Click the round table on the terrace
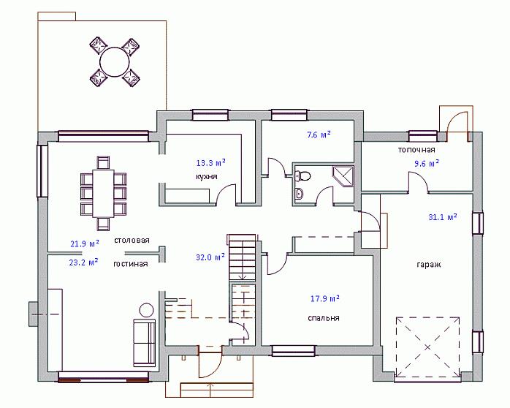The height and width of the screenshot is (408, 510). pos(115,62)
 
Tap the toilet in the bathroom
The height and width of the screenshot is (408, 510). pos(302,176)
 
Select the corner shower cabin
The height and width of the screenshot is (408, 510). pos(343,175)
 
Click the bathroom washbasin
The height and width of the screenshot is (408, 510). pos(300,194)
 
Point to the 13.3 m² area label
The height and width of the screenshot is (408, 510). pos(210,162)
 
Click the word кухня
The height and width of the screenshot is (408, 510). pos(206,177)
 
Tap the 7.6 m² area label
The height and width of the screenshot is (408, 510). pos(319,135)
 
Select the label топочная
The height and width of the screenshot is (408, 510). pos(416,150)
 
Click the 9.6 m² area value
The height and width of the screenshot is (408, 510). pos(427,163)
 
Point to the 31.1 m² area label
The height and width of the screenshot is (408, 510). pos(442,216)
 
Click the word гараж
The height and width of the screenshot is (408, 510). pos(429,265)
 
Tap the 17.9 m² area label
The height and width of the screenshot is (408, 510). pos(325,298)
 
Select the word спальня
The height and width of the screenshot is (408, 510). pos(324,318)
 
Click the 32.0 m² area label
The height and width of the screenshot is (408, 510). pos(210,257)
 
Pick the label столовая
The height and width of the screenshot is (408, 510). pos(132,240)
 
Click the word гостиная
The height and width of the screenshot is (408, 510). pos(131,263)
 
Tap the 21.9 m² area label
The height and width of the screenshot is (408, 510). pos(85,243)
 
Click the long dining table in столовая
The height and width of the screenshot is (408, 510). pos(103,193)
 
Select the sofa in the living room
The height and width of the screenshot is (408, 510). pos(144,343)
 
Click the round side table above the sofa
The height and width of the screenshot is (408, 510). pos(146,310)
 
